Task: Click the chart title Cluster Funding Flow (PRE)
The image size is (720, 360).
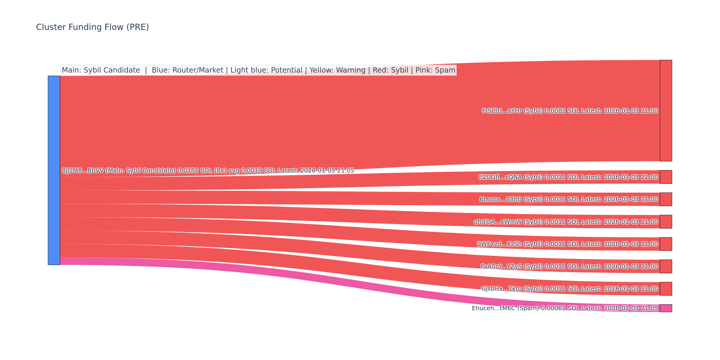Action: click(x=92, y=27)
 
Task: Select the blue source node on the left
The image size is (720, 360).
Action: click(x=54, y=170)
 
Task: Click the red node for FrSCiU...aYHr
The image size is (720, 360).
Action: click(x=666, y=111)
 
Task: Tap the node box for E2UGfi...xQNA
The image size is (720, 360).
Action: click(x=666, y=177)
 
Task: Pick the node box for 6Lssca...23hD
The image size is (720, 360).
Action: click(x=666, y=199)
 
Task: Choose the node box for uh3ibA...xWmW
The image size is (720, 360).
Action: click(x=666, y=222)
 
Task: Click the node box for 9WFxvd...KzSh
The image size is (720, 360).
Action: click(x=666, y=244)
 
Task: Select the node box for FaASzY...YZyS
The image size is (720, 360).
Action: click(x=666, y=266)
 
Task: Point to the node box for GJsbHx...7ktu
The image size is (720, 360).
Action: click(x=666, y=289)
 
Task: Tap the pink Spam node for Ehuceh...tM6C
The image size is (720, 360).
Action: click(x=666, y=308)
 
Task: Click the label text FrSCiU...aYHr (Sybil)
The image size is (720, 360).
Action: click(x=512, y=111)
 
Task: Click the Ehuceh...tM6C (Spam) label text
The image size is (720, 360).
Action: click(x=505, y=308)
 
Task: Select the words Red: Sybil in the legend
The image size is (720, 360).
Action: click(x=390, y=70)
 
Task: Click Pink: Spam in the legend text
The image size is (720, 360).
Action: click(x=435, y=70)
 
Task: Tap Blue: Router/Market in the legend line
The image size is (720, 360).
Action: click(x=187, y=70)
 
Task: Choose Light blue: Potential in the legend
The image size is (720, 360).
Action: click(x=266, y=70)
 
